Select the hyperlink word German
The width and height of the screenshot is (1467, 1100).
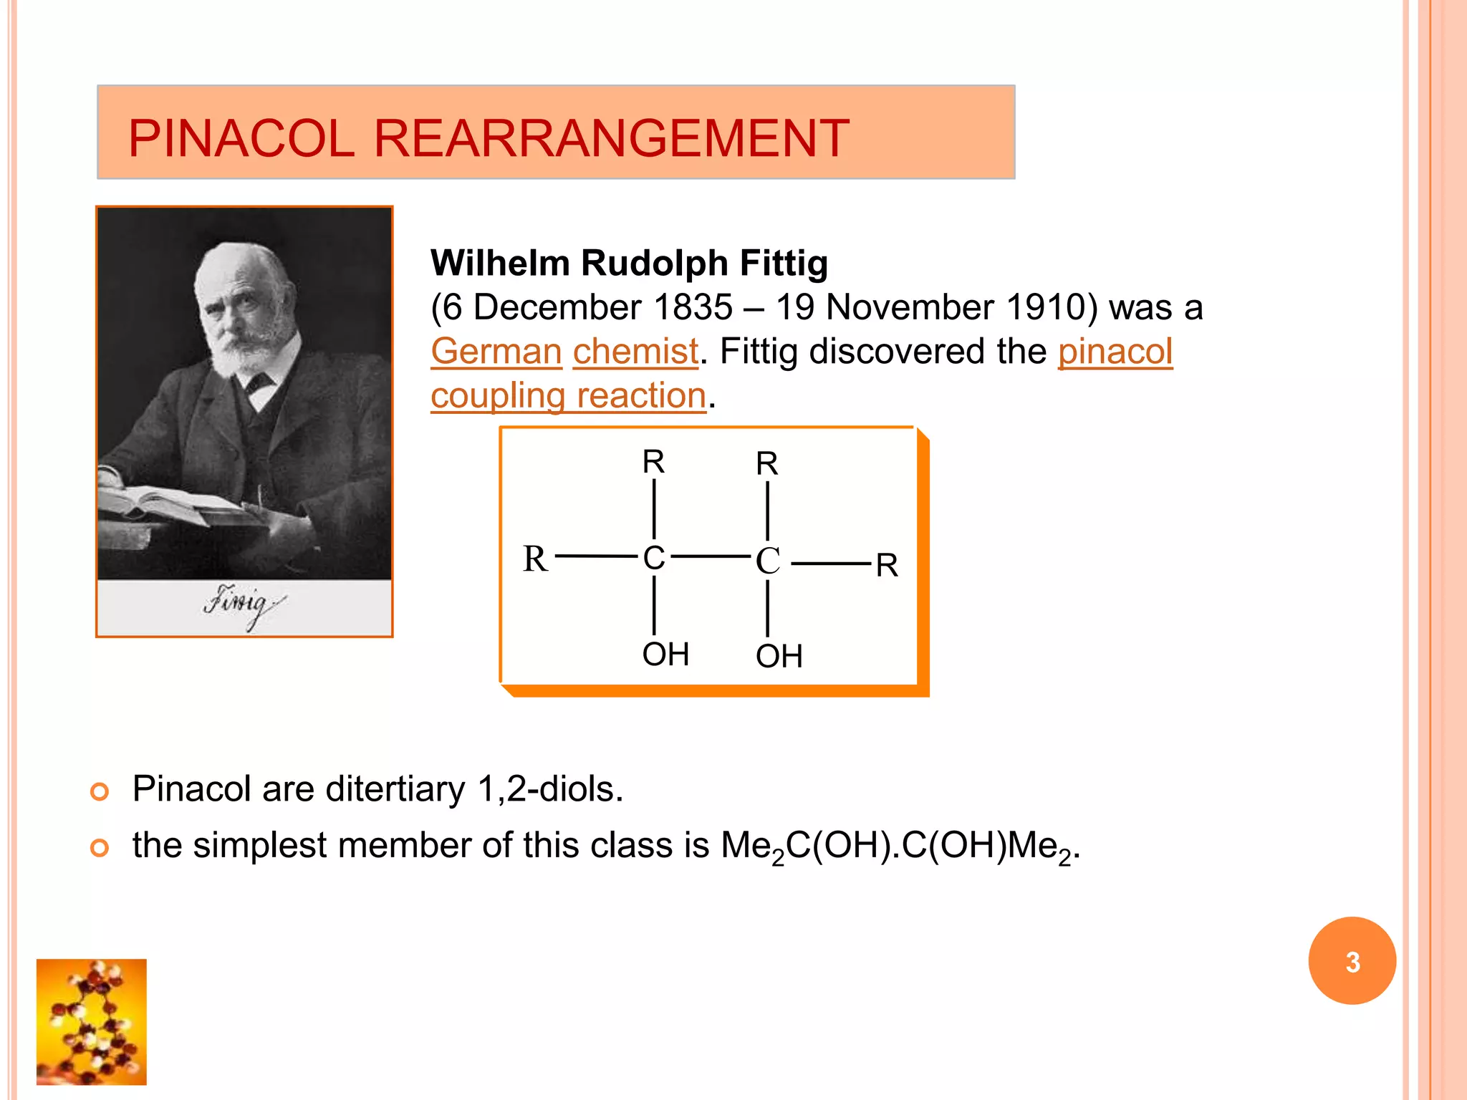[496, 352]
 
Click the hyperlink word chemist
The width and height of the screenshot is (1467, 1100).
[635, 352]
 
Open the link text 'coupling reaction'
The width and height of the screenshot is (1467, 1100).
[568, 396]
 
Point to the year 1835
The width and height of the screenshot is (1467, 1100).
[693, 307]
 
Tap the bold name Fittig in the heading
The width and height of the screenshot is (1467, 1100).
[784, 263]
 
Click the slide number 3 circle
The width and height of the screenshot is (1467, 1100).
[1352, 961]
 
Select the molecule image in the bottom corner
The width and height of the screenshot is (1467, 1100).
[92, 1022]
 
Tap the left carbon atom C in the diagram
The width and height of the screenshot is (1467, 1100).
[654, 557]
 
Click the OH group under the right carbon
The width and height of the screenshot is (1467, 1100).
[779, 656]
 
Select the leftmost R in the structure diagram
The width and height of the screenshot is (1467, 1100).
[535, 559]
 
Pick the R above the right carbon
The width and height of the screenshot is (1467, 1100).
[766, 463]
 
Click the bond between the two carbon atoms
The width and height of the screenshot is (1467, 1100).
[711, 556]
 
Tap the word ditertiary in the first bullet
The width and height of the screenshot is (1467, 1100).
[395, 789]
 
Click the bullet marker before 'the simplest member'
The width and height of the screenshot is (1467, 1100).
[100, 848]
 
